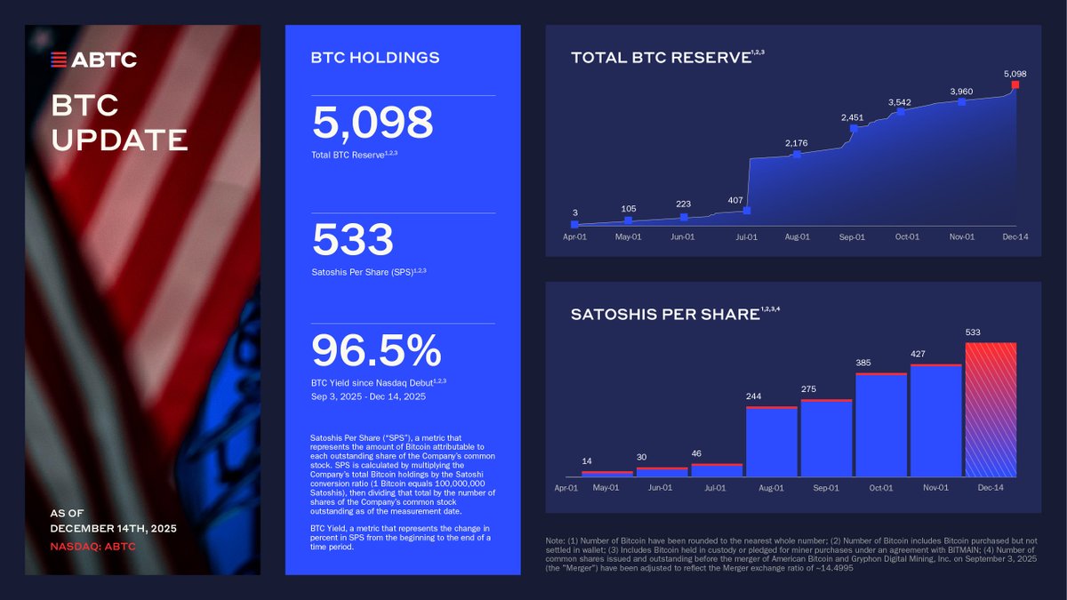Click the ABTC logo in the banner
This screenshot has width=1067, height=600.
pos(93,60)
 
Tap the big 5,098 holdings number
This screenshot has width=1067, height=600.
pos(372,124)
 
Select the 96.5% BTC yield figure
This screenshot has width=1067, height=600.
pos(375,350)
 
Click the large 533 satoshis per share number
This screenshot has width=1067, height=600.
pos(352,241)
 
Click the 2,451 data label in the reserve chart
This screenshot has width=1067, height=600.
pos(852,117)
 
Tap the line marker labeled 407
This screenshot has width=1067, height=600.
pos(747,211)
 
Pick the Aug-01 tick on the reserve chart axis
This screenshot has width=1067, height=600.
pos(797,237)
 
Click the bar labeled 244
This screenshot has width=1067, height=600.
pos(771,442)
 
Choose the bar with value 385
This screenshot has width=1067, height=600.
pos(881,425)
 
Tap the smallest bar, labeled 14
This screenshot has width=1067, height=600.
pos(606,474)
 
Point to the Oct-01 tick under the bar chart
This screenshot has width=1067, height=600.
pos(881,488)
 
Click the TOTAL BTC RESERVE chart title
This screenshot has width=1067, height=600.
pos(661,59)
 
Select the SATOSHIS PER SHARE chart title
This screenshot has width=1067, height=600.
pos(664,315)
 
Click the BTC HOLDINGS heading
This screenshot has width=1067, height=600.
pos(374,59)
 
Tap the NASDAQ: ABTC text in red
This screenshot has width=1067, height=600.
pos(92,546)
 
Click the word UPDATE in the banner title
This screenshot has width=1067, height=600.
pos(119,140)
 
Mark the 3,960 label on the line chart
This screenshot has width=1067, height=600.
pos(961,92)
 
